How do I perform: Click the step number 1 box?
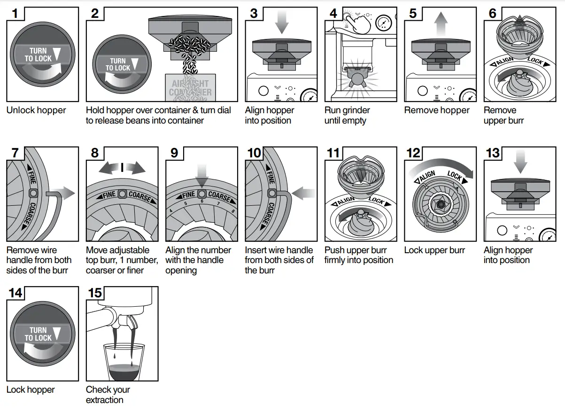point(15,14)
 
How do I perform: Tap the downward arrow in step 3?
point(281,22)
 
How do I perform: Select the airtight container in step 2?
point(190,88)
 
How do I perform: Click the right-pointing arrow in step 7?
point(64,193)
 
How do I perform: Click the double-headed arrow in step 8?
point(122,168)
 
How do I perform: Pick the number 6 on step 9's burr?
point(201,201)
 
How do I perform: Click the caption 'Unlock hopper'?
point(36,110)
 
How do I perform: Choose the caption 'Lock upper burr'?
point(434,250)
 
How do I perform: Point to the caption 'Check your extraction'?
point(108,395)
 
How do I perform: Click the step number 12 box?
point(413,154)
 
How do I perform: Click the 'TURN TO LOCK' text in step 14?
point(38,334)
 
